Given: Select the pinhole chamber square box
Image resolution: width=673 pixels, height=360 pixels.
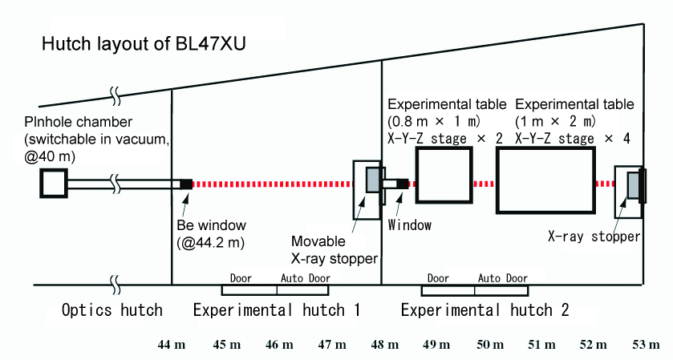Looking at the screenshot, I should pos(54,184).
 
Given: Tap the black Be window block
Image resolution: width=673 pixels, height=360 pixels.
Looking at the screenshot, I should pos(185,184).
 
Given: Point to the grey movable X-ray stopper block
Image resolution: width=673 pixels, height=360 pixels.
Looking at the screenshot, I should pos(374,180).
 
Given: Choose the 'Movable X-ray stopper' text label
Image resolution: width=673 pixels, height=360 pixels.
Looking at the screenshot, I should pos(335,249).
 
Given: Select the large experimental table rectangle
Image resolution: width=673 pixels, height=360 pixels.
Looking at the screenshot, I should pos(545,182).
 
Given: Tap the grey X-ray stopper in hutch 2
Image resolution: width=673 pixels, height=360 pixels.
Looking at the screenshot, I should pos(634,185).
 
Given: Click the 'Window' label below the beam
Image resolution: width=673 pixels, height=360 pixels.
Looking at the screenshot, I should pos(409,225).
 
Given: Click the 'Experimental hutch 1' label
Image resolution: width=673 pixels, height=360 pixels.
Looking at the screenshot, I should pos(276,310).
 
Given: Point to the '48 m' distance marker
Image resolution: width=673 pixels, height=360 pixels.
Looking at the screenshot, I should pos(385,345).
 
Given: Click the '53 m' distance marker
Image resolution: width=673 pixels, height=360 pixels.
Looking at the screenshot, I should pos(646,345).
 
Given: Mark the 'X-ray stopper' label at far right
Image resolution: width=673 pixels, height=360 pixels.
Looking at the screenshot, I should pos(594,237).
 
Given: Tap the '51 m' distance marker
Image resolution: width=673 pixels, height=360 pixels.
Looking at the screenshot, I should pos(541,345).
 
